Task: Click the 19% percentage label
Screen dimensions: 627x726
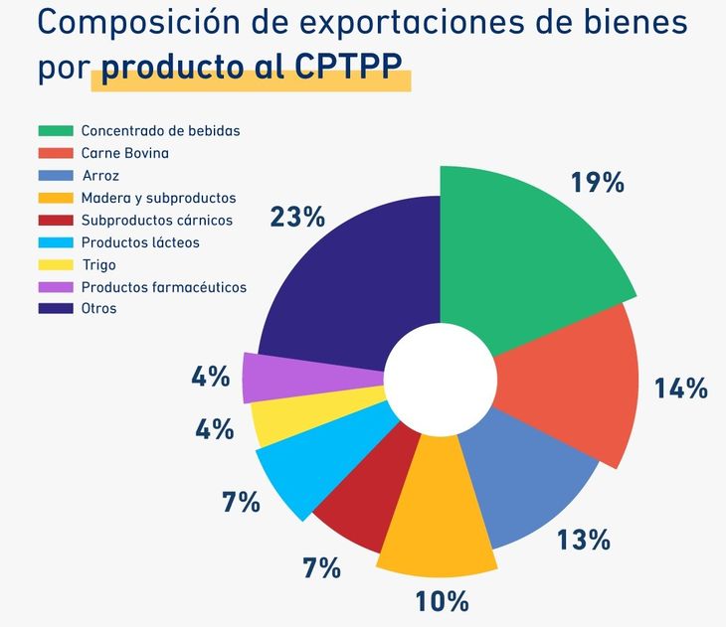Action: click(x=597, y=183)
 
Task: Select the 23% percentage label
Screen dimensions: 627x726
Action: click(x=297, y=217)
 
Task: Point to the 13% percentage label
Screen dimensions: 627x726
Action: click(x=583, y=540)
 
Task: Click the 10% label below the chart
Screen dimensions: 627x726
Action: click(x=442, y=601)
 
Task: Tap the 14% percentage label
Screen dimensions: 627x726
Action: click(x=680, y=389)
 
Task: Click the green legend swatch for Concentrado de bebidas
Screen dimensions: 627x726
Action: click(x=56, y=131)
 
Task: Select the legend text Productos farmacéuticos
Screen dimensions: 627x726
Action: click(x=163, y=287)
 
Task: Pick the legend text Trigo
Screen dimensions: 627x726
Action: click(x=98, y=265)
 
